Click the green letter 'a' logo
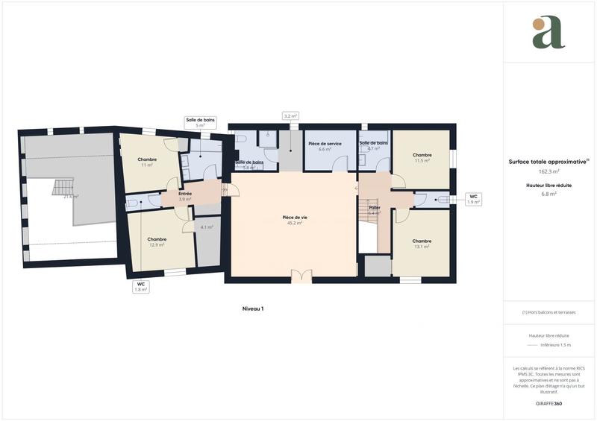pos(548,33)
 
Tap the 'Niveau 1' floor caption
pos(253,308)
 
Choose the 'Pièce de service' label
pos(325,146)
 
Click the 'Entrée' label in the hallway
pos(185,196)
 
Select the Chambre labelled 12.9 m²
pos(157,241)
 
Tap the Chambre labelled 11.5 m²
pos(422,158)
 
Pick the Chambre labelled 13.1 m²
pos(422,243)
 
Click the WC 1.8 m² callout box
pos(140,287)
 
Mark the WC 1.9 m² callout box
pos(473,199)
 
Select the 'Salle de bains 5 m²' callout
pos(200,122)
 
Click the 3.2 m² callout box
pos(290,116)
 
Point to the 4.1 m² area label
pos(207,227)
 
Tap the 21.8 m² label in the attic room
pos(71,197)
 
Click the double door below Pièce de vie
pos(301,276)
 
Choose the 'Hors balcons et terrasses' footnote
pos(548,313)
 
